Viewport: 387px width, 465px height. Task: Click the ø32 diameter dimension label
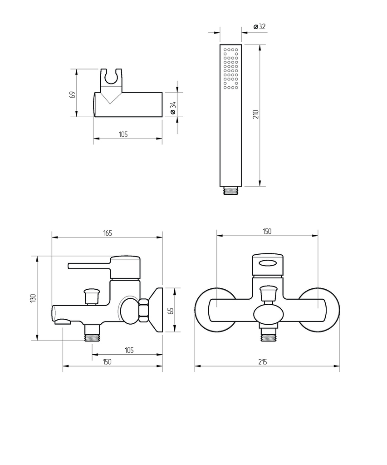pos(260,26)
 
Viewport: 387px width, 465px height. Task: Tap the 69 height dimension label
pos(72,94)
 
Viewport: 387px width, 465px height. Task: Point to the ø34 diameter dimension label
pos(173,108)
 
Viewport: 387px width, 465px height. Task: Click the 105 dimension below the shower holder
pos(123,134)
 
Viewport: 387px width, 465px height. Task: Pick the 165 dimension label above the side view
pos(108,233)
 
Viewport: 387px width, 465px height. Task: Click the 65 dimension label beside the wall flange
pos(171,311)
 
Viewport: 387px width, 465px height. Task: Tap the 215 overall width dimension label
pos(263,362)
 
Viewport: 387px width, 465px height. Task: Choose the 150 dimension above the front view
pos(267,231)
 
